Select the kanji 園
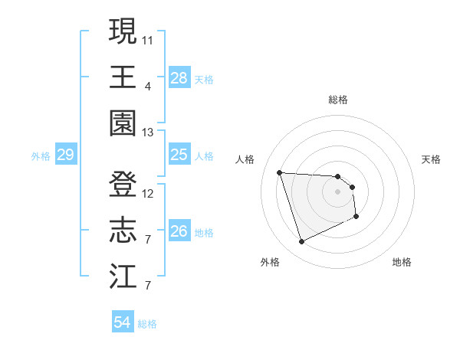[123, 123]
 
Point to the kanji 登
[123, 185]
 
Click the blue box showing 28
[179, 77]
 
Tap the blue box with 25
[179, 155]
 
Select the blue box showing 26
[179, 231]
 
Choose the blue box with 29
[65, 155]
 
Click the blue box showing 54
[123, 322]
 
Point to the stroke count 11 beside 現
[148, 39]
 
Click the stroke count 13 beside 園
[148, 133]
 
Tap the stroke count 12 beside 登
[148, 194]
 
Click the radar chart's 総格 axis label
[338, 100]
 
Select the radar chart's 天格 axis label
[432, 159]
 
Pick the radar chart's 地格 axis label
[402, 262]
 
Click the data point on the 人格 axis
[279, 172]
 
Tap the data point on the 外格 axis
[301, 242]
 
